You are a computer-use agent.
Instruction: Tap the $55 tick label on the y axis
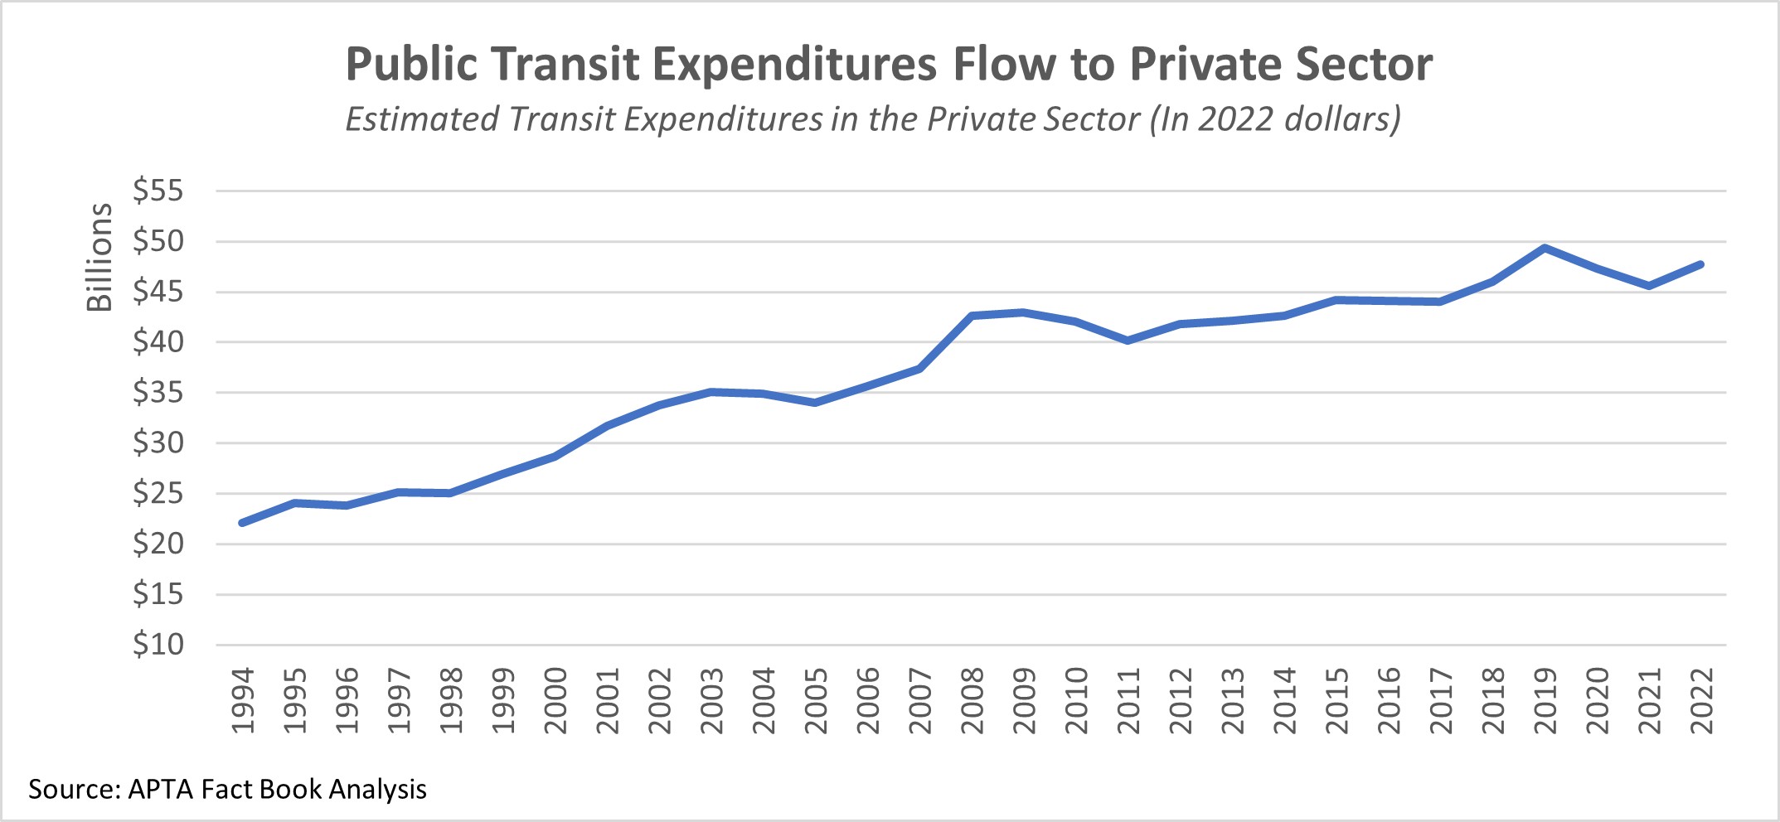tap(158, 191)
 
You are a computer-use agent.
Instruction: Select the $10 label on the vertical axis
tap(158, 644)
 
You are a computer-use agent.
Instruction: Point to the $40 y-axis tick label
tap(158, 341)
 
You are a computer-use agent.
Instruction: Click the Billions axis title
tap(99, 257)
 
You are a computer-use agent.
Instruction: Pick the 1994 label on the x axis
tap(243, 701)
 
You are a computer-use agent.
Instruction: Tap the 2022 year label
tap(1701, 701)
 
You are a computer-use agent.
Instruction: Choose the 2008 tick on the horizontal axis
tap(972, 701)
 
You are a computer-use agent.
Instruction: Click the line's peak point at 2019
tap(1545, 248)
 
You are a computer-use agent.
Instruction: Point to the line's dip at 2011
tap(1128, 341)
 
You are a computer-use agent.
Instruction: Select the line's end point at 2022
tap(1700, 264)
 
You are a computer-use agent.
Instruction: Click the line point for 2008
tap(972, 316)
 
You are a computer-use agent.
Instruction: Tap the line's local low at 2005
tap(815, 403)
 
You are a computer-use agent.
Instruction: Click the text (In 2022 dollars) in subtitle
tap(1275, 119)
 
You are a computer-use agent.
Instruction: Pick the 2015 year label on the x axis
tap(1336, 701)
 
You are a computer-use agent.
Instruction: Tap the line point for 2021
tap(1649, 286)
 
